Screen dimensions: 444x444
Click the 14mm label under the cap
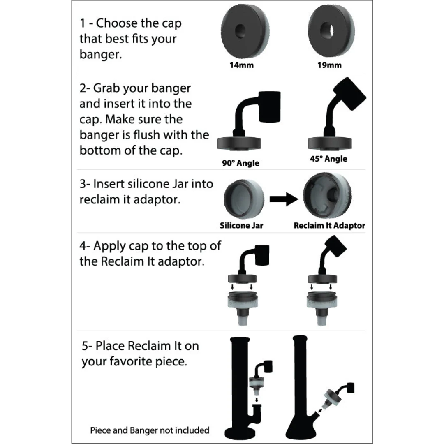click(x=241, y=65)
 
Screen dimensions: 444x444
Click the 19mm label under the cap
click(x=329, y=65)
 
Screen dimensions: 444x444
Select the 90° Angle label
click(x=241, y=163)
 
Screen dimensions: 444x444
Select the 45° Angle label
click(x=328, y=159)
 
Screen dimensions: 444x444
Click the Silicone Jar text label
click(x=241, y=225)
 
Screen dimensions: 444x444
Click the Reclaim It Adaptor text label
click(x=329, y=225)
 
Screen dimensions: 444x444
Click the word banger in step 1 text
click(x=100, y=55)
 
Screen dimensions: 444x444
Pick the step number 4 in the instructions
click(x=83, y=246)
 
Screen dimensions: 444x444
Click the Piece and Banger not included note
click(x=150, y=430)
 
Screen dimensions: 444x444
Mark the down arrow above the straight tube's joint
click(x=257, y=399)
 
